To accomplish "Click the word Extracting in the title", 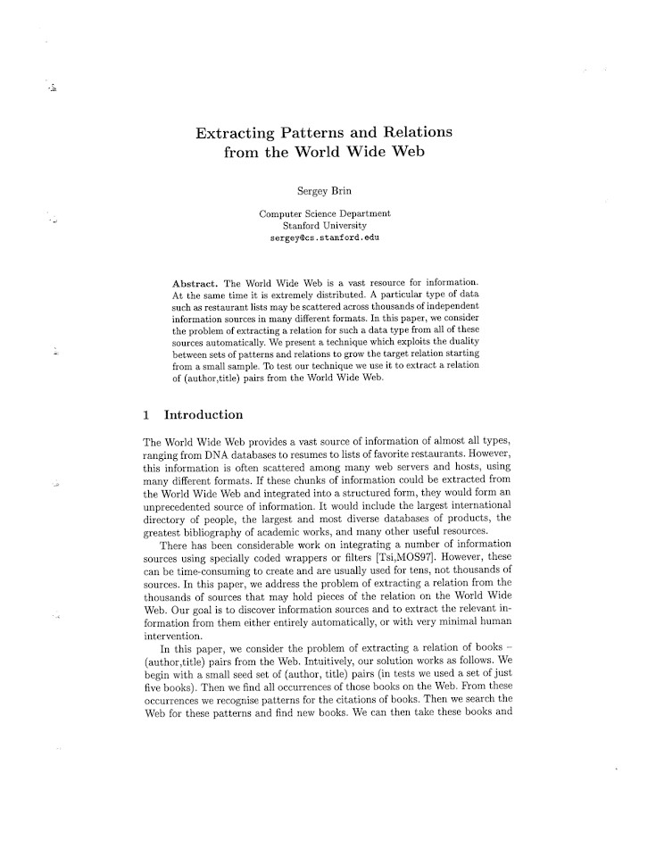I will coord(234,134).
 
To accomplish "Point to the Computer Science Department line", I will coord(324,214).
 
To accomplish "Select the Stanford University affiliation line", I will coord(324,227).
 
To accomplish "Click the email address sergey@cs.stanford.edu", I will coord(324,239).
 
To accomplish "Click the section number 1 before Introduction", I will coord(146,415).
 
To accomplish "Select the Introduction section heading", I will coord(203,415).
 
